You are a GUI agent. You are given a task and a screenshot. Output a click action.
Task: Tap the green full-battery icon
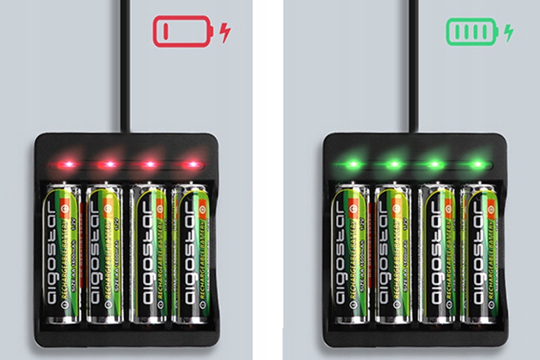[472, 31]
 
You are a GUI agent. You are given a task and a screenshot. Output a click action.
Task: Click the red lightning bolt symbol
[225, 32]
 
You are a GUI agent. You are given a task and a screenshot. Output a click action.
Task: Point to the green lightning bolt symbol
[509, 32]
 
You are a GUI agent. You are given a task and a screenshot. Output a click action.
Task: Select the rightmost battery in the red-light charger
[189, 253]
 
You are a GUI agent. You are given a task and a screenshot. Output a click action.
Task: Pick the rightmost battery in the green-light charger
[479, 253]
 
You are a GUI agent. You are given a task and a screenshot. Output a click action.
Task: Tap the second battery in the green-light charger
[394, 253]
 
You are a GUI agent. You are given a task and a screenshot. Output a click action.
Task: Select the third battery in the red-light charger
[148, 253]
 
